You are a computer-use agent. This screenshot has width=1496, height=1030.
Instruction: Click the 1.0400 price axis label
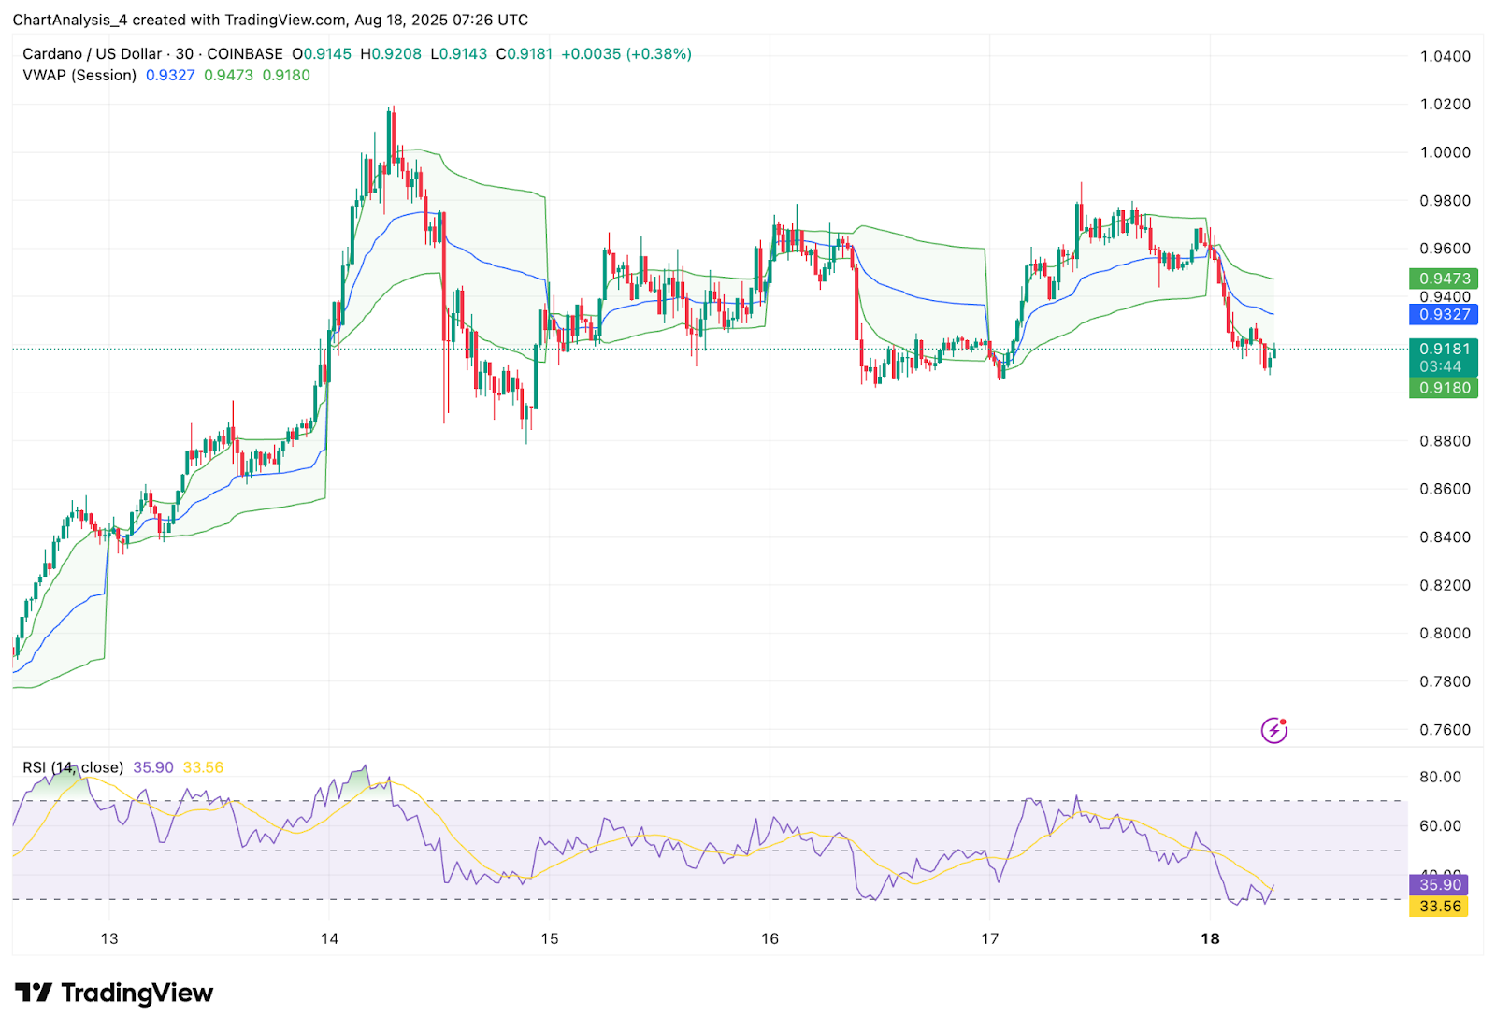(1445, 56)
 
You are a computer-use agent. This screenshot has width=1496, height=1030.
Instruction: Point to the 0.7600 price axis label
(1445, 730)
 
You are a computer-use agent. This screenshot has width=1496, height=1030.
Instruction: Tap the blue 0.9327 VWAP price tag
(1444, 315)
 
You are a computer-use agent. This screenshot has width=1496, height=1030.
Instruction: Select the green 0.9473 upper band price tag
(1444, 279)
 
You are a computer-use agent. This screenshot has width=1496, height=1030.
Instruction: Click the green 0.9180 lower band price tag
(1444, 388)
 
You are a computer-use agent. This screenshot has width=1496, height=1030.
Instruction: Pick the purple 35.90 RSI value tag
(1439, 885)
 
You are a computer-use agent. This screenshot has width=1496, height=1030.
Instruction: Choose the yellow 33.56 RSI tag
(1439, 907)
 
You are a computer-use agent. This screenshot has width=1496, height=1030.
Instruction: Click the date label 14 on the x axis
(329, 938)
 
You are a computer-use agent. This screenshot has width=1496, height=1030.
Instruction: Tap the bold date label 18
(1210, 938)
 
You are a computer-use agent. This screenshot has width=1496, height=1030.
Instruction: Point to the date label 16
(770, 938)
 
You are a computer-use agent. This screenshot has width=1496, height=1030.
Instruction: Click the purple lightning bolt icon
(1273, 730)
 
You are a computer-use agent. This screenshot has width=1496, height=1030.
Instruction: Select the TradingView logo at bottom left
(114, 993)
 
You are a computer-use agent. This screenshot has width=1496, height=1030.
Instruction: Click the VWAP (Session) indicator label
(79, 76)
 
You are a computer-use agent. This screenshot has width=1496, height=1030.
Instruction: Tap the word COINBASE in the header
(245, 54)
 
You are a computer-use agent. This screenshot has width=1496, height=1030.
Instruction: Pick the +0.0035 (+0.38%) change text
(626, 54)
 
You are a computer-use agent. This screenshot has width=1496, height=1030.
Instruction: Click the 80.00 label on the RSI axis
(1440, 777)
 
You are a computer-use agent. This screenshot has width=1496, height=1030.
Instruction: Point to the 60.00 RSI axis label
(1440, 826)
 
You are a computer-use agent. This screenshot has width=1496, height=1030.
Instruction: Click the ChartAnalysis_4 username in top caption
(69, 20)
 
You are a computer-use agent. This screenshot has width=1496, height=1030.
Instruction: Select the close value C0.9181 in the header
(525, 54)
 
